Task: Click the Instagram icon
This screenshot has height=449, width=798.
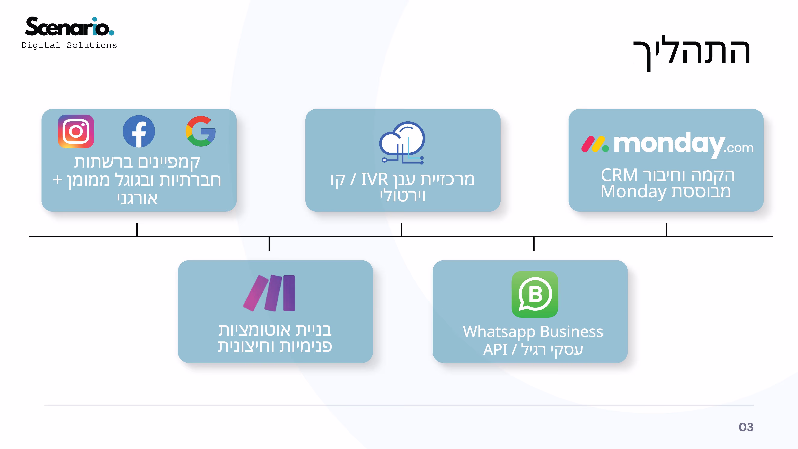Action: pos(76,131)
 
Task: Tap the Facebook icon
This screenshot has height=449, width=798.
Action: pos(139,131)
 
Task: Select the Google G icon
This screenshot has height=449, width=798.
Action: pos(201,131)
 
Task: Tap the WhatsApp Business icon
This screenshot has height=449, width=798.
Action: pos(535,294)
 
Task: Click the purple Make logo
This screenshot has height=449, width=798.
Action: pos(269,293)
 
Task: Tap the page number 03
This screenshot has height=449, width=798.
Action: pos(746,427)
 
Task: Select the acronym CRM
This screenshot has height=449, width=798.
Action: pos(619,175)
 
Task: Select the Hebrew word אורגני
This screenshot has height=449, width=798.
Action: pos(137,199)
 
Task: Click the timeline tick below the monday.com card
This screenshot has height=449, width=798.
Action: pos(666,229)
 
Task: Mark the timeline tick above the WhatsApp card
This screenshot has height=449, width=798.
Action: pos(534,244)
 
